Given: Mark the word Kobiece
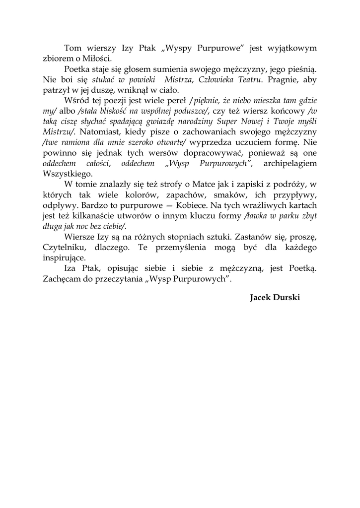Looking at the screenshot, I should click(205, 205).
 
